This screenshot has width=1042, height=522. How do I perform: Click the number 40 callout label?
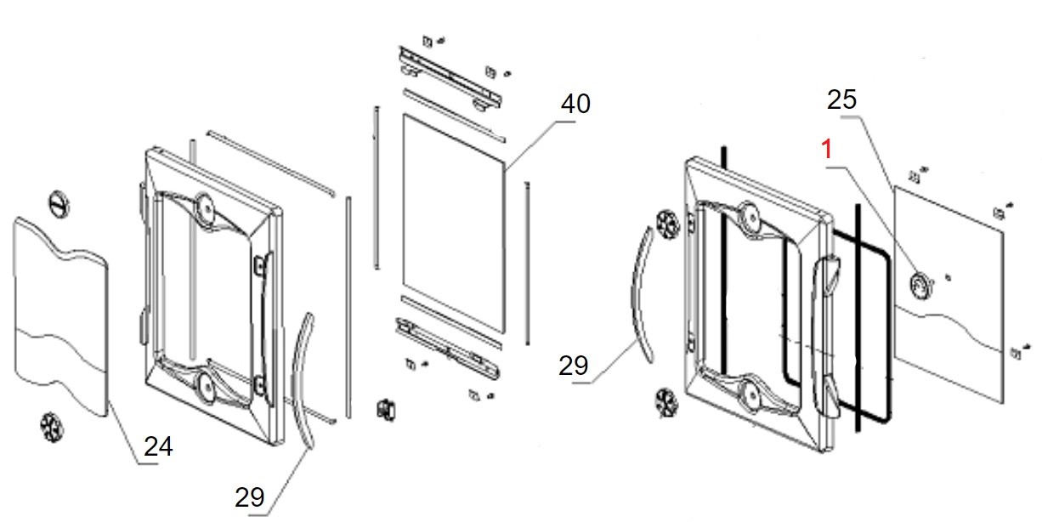(x=575, y=104)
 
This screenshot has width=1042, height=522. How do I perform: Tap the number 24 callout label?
(x=158, y=445)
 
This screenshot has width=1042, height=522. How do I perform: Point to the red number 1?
(x=824, y=151)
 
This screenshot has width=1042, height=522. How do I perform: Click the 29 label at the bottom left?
(x=250, y=496)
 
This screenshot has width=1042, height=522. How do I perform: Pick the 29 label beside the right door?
(x=574, y=366)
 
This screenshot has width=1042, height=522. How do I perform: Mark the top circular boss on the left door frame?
(x=204, y=205)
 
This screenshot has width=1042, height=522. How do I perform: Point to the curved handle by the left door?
(x=303, y=378)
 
